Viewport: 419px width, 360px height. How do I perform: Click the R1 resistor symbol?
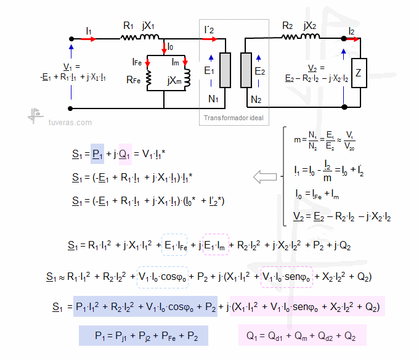pyautogui.click(x=130, y=38)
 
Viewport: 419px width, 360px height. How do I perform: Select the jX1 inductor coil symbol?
pyautogui.click(x=149, y=38)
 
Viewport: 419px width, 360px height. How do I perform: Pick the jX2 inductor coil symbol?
pyautogui.click(x=310, y=38)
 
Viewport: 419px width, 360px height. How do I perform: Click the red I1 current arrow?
pyautogui.click(x=89, y=39)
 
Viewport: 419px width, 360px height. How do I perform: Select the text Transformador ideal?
pyautogui.click(x=234, y=117)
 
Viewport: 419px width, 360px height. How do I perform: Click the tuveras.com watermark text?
pyautogui.click(x=70, y=123)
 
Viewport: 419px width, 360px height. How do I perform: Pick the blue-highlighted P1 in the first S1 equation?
pyautogui.click(x=97, y=153)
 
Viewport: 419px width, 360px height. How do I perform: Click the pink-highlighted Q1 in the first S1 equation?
pyautogui.click(x=124, y=153)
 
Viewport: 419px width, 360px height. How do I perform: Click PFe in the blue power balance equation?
pyautogui.click(x=167, y=336)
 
